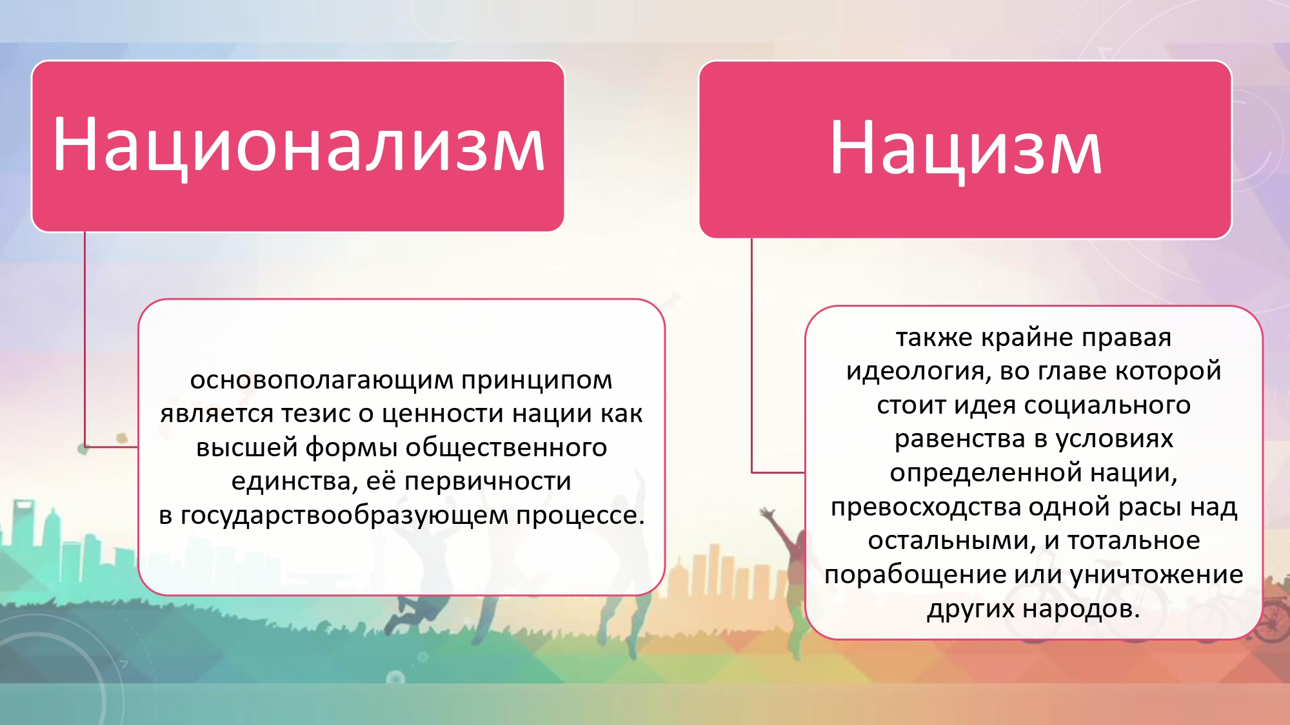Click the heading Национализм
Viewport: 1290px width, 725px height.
coord(299,146)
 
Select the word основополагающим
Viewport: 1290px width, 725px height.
coord(321,381)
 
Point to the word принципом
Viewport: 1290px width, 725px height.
coord(537,381)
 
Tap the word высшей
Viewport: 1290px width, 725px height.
coord(246,447)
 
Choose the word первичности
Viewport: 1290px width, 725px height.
coord(488,481)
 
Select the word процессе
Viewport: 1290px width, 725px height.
coord(580,515)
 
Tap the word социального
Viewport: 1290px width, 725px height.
coord(1107,405)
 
